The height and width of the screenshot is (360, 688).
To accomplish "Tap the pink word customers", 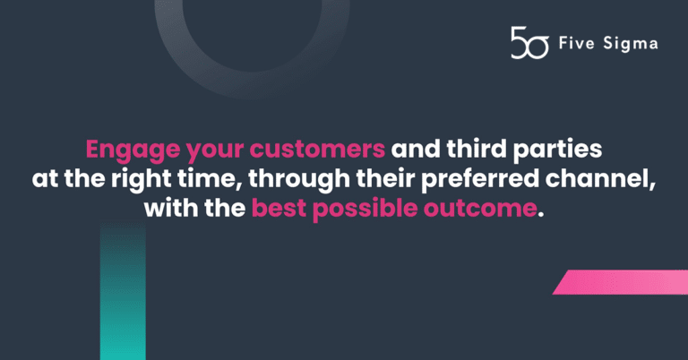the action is [x=317, y=150].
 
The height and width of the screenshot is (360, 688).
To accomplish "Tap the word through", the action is [x=299, y=180].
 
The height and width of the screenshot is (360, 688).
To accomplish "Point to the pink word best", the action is [x=279, y=209].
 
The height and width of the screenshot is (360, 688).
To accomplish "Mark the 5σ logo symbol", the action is [x=529, y=42].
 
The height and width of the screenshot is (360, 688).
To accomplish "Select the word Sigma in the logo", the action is [x=631, y=44].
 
